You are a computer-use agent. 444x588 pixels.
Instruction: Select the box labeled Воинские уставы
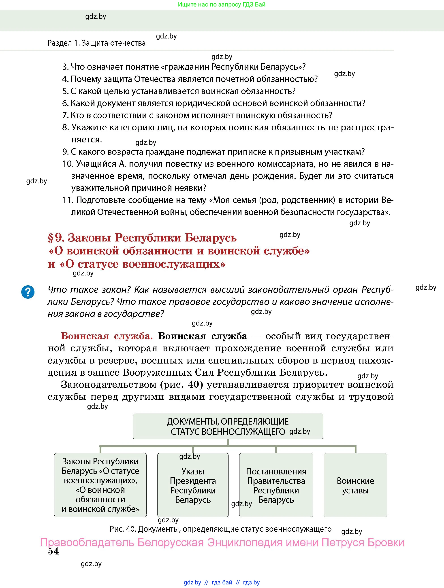(x=355, y=485)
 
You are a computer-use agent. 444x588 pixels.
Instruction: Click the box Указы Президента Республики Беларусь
(x=193, y=485)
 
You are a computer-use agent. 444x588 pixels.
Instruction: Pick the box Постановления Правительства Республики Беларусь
(x=276, y=485)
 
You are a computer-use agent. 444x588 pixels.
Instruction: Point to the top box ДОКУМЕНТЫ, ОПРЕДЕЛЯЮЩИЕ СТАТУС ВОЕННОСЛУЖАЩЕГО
(x=228, y=426)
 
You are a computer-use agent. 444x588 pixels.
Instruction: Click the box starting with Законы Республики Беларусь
(x=100, y=485)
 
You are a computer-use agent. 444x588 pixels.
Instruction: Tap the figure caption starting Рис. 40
(x=220, y=529)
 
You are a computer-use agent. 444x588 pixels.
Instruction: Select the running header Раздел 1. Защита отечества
(x=96, y=43)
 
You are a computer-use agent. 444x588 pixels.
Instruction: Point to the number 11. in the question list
(x=68, y=200)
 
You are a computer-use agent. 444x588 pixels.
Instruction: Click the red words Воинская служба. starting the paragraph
(x=107, y=336)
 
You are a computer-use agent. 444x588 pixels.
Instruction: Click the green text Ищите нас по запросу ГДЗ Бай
(x=222, y=4)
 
